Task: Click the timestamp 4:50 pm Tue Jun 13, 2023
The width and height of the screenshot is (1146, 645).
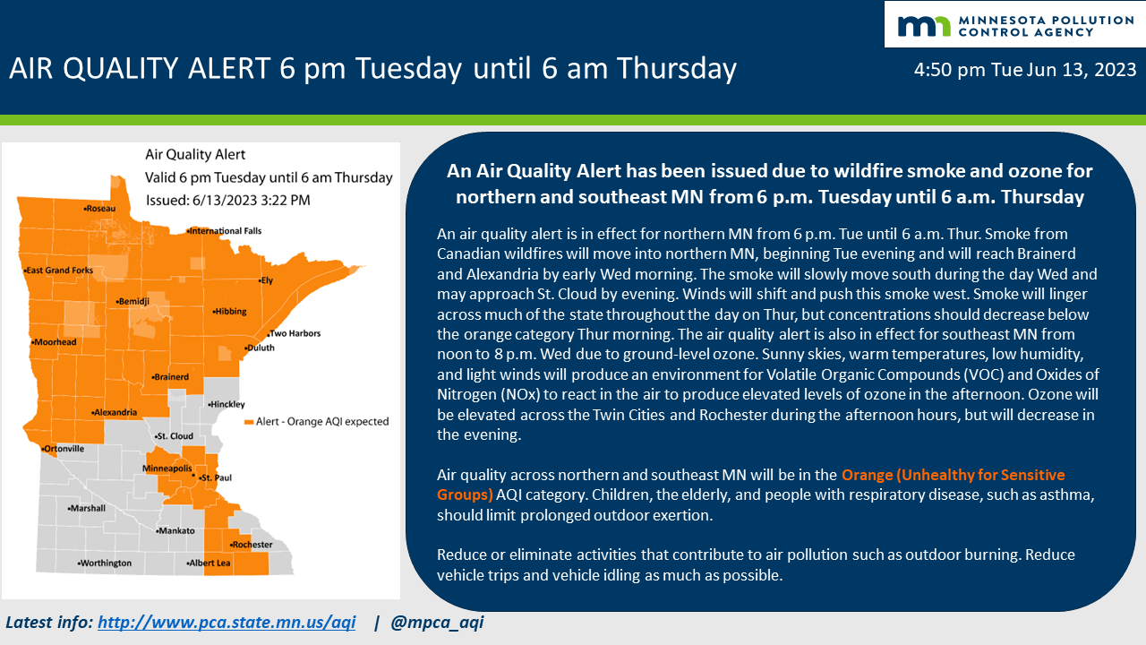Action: point(1025,70)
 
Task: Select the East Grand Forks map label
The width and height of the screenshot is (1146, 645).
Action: point(62,271)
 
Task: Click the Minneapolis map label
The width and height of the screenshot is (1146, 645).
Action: point(167,469)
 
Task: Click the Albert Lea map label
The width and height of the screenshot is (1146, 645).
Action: point(210,563)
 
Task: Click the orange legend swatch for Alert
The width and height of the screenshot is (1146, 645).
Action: point(249,422)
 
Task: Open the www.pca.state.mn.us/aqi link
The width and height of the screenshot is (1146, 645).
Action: point(227,622)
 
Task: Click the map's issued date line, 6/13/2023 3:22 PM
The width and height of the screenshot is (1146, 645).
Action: point(227,200)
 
